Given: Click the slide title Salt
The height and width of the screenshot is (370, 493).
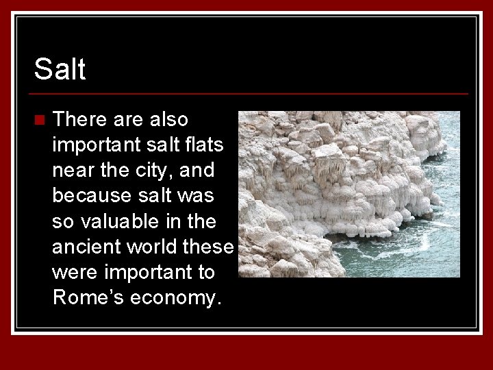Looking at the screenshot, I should pyautogui.click(x=60, y=69).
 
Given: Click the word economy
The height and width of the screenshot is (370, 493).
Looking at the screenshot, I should pyautogui.click(x=175, y=299).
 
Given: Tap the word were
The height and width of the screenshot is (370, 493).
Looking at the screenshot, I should pyautogui.click(x=73, y=272).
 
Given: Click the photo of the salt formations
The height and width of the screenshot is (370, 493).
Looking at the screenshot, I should pyautogui.click(x=349, y=194).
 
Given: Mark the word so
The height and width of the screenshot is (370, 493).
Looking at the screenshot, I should pyautogui.click(x=63, y=221).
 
